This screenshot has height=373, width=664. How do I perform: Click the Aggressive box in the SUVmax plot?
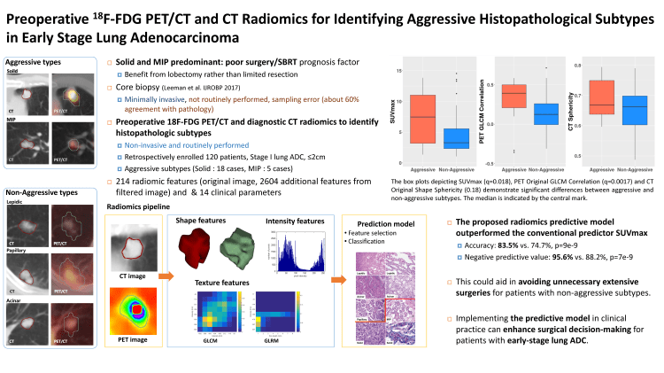(423, 118)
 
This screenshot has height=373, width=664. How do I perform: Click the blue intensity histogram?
(295, 249)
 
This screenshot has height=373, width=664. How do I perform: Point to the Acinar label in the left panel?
(16, 298)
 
